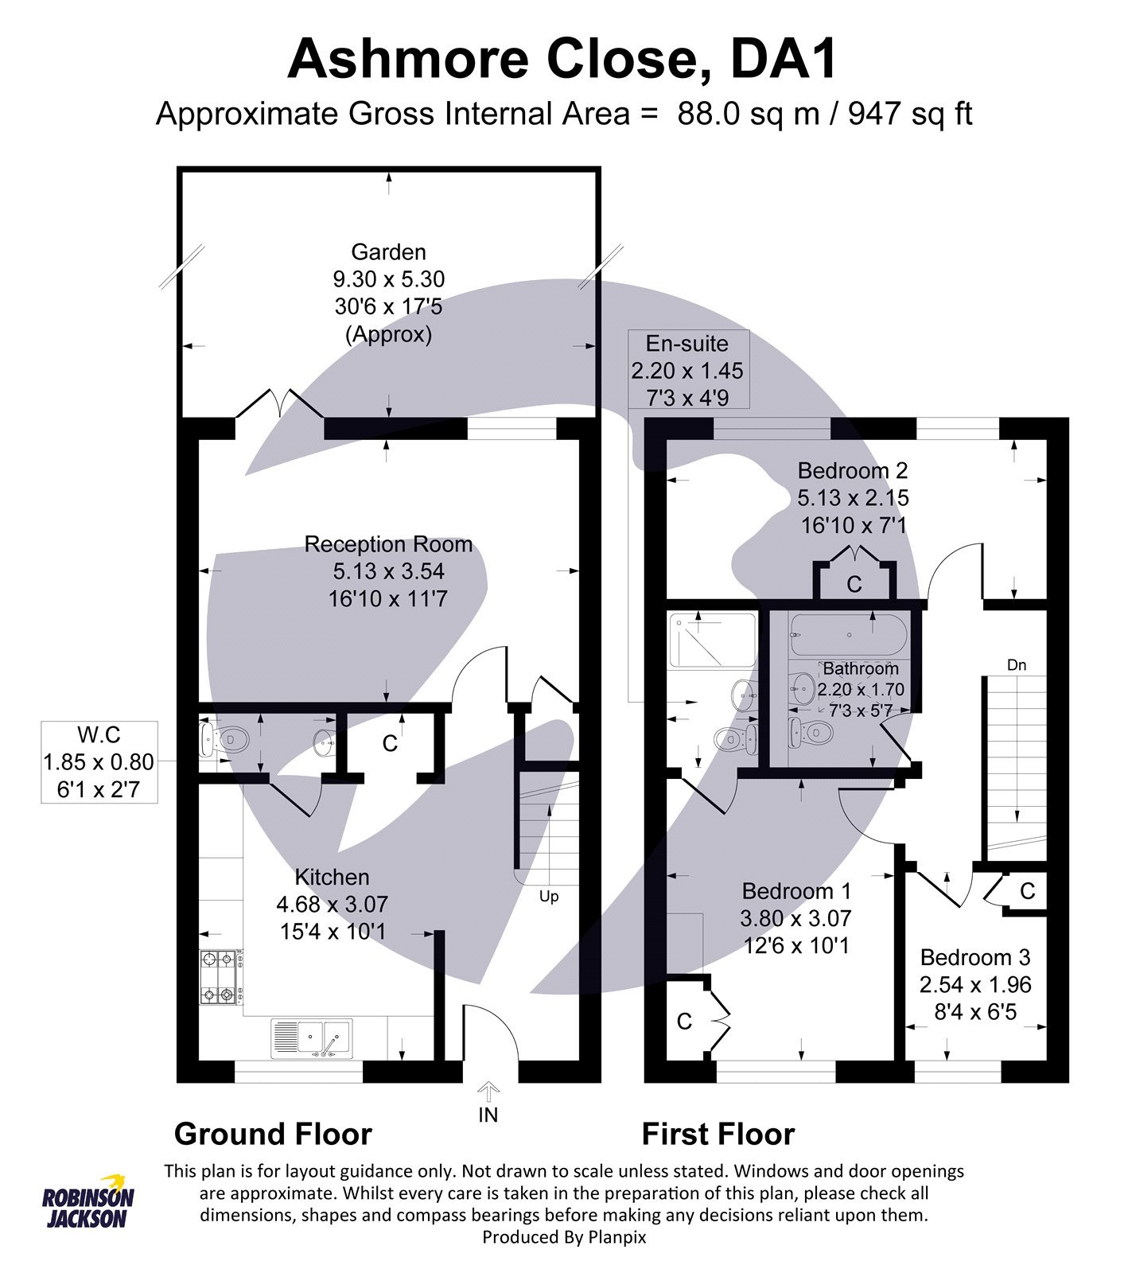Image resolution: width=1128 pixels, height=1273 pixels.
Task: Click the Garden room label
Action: [x=388, y=252]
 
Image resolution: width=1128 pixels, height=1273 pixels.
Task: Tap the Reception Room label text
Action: [x=388, y=544]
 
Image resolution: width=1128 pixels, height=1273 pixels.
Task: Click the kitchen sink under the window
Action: [x=312, y=1038]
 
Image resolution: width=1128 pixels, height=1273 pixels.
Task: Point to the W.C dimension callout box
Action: [x=99, y=761]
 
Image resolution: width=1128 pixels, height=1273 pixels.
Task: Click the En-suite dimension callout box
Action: [x=687, y=370]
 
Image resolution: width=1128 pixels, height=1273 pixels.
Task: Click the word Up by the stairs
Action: [x=549, y=897]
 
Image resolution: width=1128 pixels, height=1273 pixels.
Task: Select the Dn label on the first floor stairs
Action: [x=1016, y=665]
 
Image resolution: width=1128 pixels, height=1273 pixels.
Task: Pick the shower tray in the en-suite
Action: [x=713, y=640]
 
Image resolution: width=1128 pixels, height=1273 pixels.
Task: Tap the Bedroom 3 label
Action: [x=974, y=957]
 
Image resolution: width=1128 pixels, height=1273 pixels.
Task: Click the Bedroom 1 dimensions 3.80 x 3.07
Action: [x=795, y=919]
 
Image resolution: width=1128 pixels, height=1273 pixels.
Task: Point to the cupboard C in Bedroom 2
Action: [x=854, y=585]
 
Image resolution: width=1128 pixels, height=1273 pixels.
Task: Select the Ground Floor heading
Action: [x=273, y=1135]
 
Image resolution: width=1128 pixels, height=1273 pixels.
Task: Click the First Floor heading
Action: [x=718, y=1135]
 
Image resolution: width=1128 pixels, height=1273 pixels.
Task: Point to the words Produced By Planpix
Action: [x=564, y=1237]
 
